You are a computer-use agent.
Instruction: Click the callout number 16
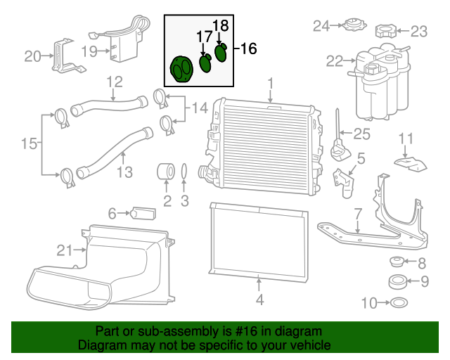coord(248,49)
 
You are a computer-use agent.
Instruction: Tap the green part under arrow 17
coord(205,63)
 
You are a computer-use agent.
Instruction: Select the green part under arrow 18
coord(221,53)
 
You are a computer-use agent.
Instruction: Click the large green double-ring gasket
coord(181,70)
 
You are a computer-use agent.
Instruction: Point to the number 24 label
coord(321,26)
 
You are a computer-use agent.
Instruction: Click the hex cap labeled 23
coord(386,31)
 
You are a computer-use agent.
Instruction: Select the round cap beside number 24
coord(355,25)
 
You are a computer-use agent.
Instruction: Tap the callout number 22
coord(335,61)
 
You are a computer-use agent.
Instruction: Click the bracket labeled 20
coord(67,56)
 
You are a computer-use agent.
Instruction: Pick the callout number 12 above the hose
coord(115,82)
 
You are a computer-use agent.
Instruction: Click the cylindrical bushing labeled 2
coord(166,172)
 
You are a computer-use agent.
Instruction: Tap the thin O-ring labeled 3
coord(184,172)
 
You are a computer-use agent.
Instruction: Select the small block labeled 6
coord(143,213)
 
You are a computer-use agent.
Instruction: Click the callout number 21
coord(65,250)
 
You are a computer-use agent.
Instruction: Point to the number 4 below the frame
coord(259,300)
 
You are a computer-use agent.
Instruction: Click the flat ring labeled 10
coord(399,302)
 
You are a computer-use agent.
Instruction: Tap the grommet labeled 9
coord(397,282)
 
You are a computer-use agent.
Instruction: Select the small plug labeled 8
coord(397,262)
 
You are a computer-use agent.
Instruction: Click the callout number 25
coord(361,134)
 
